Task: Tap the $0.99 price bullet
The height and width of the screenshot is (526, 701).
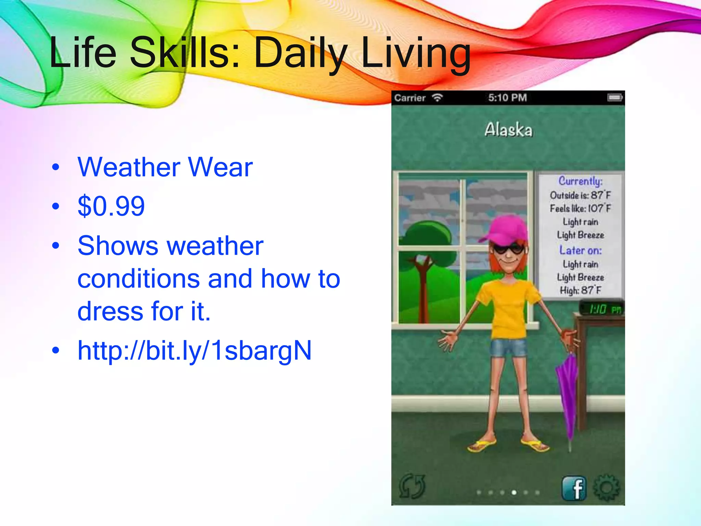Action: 111,206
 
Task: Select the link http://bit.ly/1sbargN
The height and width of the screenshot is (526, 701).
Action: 194,351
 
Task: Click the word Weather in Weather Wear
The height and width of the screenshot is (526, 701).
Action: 129,167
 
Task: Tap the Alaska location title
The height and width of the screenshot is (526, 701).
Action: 508,130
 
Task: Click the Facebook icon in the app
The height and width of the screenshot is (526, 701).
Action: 574,488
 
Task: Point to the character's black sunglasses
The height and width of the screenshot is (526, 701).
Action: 508,249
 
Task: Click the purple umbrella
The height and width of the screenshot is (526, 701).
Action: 568,394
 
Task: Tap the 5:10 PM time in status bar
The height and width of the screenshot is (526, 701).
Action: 507,98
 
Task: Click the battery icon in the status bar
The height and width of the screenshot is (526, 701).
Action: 615,98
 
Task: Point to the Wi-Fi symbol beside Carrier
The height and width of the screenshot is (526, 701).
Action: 437,98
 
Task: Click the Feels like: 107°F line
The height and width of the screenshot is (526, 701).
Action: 580,209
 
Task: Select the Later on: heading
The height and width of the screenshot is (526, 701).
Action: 580,250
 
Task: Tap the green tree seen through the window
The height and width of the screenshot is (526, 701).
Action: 425,240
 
